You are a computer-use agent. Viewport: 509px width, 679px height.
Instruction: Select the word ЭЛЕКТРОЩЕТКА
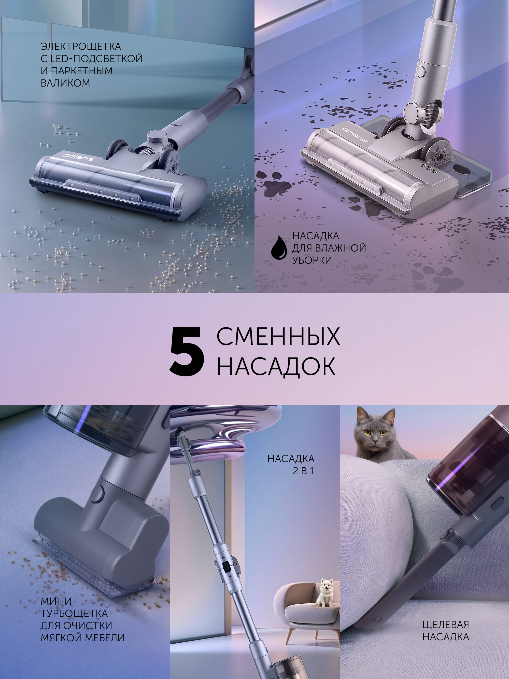tap(81, 47)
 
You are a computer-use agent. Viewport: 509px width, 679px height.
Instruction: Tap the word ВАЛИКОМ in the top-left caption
tap(65, 83)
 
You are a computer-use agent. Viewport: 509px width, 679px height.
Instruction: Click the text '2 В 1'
tap(303, 471)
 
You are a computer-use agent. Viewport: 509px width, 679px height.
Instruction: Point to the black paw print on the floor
tap(278, 184)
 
